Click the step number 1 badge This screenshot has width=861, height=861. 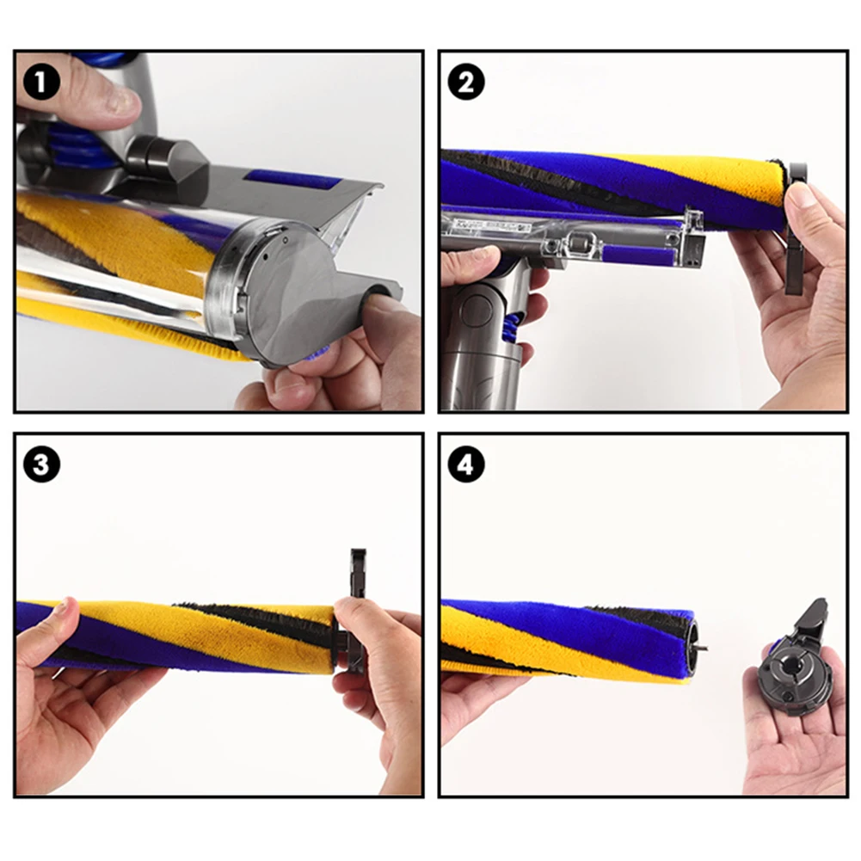point(42,83)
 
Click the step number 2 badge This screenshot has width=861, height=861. point(465,83)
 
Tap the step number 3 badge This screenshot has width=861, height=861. point(42,464)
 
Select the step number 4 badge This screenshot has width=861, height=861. point(465,464)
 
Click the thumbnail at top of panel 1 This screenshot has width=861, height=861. point(120,101)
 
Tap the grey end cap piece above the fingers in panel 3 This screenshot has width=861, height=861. point(359,574)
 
